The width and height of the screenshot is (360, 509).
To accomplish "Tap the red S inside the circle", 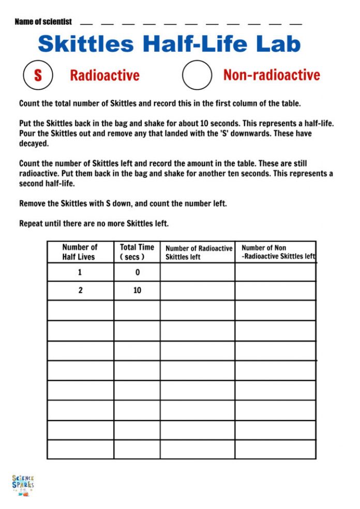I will click(x=38, y=76).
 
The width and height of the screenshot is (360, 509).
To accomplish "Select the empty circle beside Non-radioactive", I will click(x=197, y=76).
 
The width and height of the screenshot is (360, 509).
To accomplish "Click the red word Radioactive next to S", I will click(x=104, y=76).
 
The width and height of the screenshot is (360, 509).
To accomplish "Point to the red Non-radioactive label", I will click(x=272, y=75).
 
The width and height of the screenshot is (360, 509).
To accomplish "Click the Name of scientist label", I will click(x=43, y=22).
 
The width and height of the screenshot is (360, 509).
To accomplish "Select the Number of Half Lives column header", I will click(x=80, y=252).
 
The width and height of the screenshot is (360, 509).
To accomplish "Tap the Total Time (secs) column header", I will click(x=137, y=252).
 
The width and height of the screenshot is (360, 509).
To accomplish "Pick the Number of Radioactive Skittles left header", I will click(x=199, y=252).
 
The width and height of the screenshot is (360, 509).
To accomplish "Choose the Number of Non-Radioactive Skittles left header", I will click(x=277, y=252).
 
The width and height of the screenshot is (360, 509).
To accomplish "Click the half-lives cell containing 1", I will click(x=80, y=272).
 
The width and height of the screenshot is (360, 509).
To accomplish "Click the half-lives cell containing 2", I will click(x=80, y=290).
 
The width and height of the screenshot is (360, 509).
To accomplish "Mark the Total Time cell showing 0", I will click(x=137, y=272).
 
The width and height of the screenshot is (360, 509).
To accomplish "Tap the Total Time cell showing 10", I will click(x=137, y=290).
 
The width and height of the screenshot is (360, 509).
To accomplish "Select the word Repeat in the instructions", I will click(x=32, y=224).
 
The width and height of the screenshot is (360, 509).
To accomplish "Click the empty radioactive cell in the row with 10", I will click(x=198, y=290).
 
